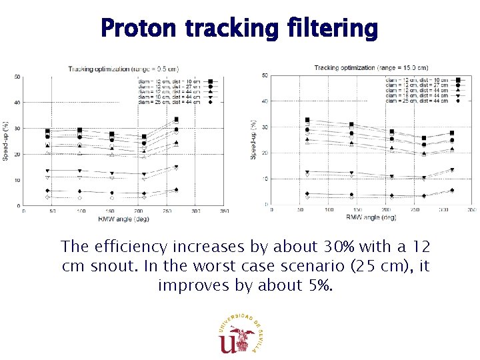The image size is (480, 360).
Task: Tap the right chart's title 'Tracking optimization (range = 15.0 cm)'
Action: (371, 67)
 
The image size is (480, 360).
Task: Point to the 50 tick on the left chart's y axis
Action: (17, 77)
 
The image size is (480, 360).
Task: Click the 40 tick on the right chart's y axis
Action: (265, 101)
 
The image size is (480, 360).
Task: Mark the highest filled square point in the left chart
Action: (176, 119)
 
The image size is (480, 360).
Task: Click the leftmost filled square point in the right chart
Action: (307, 120)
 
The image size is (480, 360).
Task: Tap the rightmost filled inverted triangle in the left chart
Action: (176, 167)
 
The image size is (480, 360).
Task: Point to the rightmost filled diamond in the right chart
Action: (452, 190)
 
